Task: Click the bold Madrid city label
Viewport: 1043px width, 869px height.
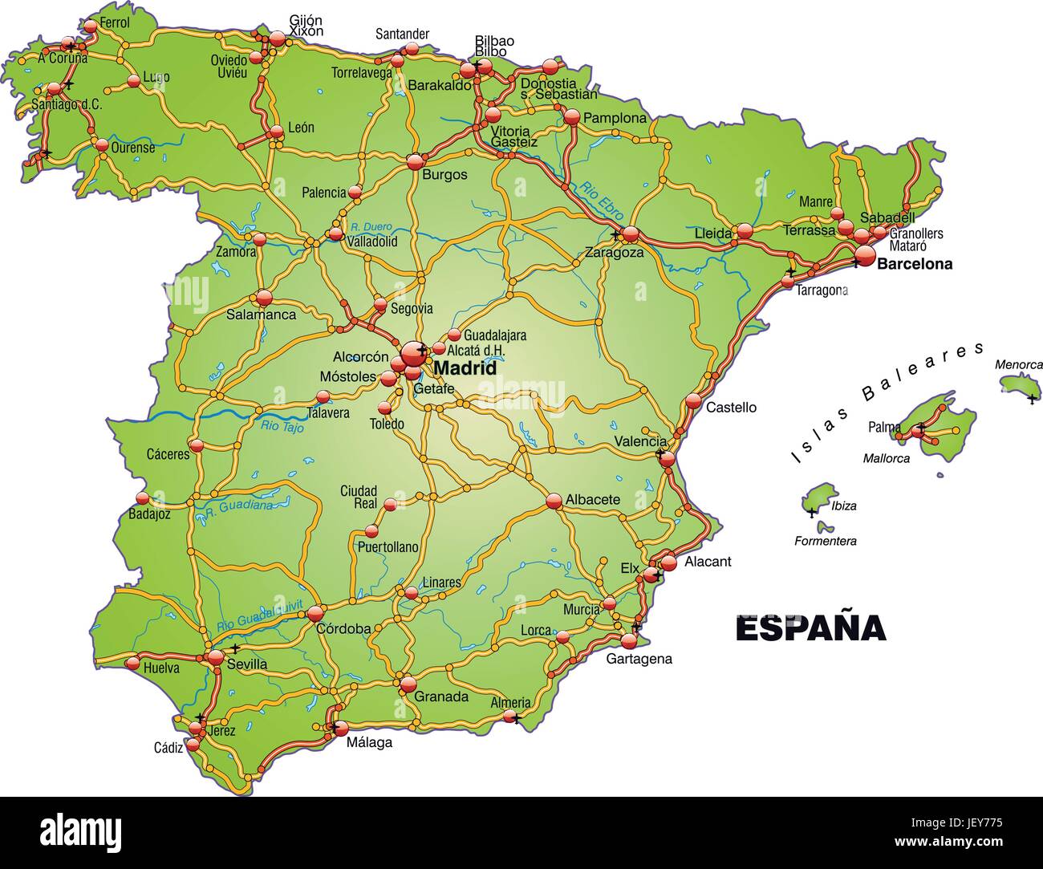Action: pyautogui.click(x=465, y=369)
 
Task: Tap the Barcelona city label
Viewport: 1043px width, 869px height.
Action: pyautogui.click(x=915, y=264)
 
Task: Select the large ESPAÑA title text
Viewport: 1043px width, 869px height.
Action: pyautogui.click(x=810, y=628)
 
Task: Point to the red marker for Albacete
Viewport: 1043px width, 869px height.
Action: pyautogui.click(x=554, y=501)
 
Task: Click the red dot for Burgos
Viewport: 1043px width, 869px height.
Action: pyautogui.click(x=415, y=161)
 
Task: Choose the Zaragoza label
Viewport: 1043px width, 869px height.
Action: pyautogui.click(x=614, y=252)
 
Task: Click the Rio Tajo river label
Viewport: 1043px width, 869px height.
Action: pyautogui.click(x=282, y=427)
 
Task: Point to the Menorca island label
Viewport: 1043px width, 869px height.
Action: pyautogui.click(x=1019, y=364)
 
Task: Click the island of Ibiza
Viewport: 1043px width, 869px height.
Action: pyautogui.click(x=818, y=500)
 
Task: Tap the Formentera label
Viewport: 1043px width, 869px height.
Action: pyautogui.click(x=825, y=541)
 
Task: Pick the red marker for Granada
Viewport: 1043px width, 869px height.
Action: pyautogui.click(x=408, y=684)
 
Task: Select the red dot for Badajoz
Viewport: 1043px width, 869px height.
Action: pyautogui.click(x=142, y=498)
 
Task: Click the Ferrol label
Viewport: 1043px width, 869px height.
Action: pyautogui.click(x=116, y=22)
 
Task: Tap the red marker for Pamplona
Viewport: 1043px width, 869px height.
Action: pyautogui.click(x=571, y=117)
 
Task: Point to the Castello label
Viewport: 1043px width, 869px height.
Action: pyautogui.click(x=731, y=408)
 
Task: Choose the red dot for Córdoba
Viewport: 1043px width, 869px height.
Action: pyautogui.click(x=314, y=614)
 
